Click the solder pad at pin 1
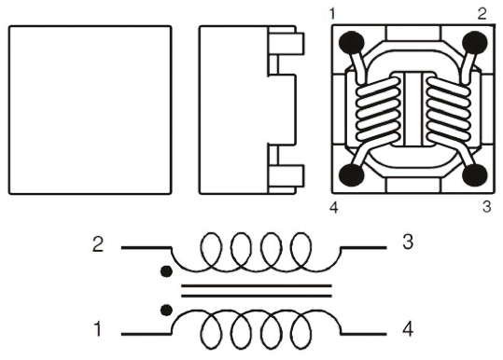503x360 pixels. coord(352,42)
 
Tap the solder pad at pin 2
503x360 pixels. coord(475,42)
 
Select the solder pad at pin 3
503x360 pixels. coord(475,175)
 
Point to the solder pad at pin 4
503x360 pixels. coord(352,175)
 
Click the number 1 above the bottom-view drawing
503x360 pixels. coord(332,14)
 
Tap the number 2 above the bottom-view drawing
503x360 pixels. coord(482,14)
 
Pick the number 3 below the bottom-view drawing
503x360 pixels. coord(486,207)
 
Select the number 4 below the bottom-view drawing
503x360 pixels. coord(334,208)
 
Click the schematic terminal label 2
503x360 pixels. coord(98,244)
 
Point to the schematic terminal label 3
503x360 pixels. coord(408,242)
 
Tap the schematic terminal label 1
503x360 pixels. coord(98,329)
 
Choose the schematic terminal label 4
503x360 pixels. coord(408,329)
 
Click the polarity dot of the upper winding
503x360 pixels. coord(166,271)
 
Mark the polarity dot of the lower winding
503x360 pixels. coord(166,310)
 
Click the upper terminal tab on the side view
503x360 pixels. coord(286,43)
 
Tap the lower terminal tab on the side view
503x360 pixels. coord(286,176)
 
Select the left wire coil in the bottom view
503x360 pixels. coord(379,110)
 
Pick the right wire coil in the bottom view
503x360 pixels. coord(449,110)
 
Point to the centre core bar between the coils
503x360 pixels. coord(413,109)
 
